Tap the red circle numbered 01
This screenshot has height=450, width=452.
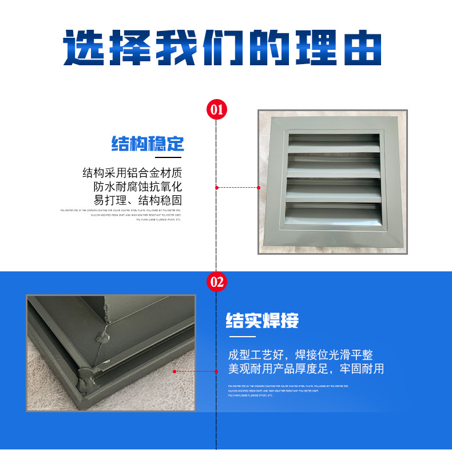(216, 109)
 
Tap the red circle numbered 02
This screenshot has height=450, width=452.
(216, 282)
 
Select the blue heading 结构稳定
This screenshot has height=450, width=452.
(148, 143)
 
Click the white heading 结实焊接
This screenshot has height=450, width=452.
(263, 320)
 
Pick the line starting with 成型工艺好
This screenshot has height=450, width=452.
(300, 355)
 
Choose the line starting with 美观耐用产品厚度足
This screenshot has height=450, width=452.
(306, 369)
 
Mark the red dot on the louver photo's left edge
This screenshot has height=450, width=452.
(258, 187)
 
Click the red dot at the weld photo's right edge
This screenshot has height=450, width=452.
(175, 371)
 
